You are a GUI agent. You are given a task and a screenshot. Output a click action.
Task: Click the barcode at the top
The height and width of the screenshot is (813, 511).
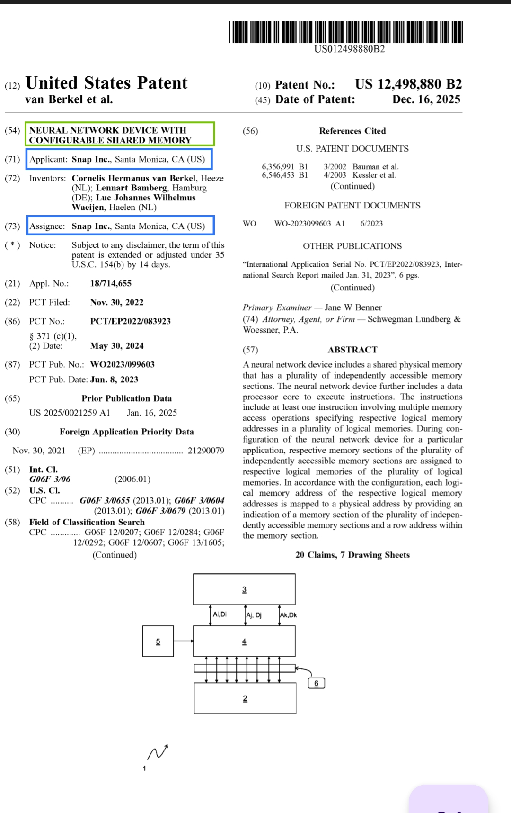[x=345, y=32]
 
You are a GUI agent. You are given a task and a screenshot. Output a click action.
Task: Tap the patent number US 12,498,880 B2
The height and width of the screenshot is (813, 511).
[x=408, y=84]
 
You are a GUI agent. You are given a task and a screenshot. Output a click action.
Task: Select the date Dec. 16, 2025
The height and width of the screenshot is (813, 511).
[x=426, y=99]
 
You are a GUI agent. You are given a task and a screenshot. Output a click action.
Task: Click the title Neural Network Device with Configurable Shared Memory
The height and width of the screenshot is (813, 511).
[x=120, y=135]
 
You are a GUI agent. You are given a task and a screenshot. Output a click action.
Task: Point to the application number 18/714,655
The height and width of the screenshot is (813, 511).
[x=111, y=283]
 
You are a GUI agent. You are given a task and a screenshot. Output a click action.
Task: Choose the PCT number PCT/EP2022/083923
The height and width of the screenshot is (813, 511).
[x=130, y=321]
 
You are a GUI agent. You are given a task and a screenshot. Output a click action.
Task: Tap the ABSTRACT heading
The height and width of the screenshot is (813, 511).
[x=352, y=350]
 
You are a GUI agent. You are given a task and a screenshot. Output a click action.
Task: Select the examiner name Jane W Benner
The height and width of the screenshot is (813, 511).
[x=353, y=307]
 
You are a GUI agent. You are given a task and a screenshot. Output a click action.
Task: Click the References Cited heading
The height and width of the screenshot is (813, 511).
[x=352, y=131]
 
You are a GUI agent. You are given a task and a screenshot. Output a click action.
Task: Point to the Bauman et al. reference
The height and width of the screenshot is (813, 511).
[x=375, y=167]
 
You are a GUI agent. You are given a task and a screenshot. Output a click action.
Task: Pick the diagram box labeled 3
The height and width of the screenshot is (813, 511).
[x=244, y=589]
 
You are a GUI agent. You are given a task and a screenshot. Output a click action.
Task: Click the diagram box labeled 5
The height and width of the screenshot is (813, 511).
[x=158, y=641]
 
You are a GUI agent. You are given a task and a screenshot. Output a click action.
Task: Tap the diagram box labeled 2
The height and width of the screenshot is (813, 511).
[x=245, y=698]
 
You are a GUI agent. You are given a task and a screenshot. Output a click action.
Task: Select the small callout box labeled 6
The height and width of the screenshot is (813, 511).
[x=316, y=683]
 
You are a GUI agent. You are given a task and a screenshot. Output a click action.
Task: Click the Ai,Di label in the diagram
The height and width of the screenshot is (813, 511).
[x=220, y=614]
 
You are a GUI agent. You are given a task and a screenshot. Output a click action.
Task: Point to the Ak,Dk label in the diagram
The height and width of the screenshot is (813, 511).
[x=288, y=615]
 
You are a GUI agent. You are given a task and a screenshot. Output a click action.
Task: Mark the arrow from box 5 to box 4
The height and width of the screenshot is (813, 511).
[x=183, y=641]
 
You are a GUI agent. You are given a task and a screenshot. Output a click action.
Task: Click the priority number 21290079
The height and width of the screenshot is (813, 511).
[x=206, y=451]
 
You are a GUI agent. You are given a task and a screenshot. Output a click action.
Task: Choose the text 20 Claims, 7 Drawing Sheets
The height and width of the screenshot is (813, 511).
[x=352, y=555]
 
